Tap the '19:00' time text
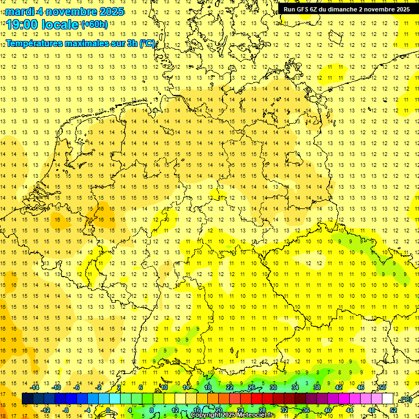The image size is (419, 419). [22, 25]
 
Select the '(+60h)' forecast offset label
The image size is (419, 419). [94, 25]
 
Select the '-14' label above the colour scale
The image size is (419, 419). [34, 387]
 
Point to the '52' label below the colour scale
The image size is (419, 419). [393, 410]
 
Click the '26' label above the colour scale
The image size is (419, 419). [252, 387]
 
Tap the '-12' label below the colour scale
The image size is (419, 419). [45, 410]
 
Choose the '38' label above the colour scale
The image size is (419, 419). [317, 387]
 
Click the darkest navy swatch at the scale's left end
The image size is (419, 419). [27, 399]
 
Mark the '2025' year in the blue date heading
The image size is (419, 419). [109, 11]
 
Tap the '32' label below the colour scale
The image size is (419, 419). [284, 410]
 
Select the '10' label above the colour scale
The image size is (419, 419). [164, 387]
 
